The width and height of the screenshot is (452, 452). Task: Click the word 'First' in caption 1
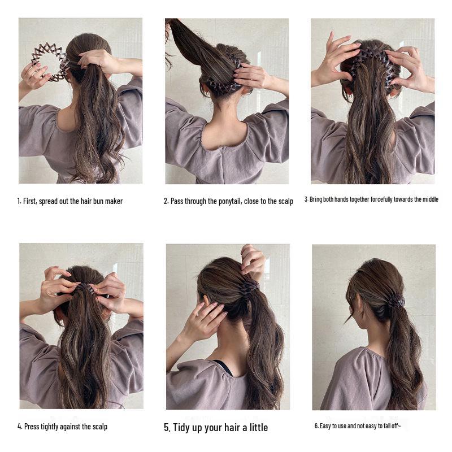point(31,201)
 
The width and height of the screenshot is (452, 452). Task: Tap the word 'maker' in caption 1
point(113,201)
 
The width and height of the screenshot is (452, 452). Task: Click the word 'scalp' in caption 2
point(284,201)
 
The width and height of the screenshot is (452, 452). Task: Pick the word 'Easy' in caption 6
point(326,426)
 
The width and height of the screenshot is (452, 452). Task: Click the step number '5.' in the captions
point(167,427)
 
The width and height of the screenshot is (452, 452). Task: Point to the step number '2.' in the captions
point(167,201)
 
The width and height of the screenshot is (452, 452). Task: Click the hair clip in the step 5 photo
point(248,289)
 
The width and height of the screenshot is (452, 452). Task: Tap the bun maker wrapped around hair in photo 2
point(223,85)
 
